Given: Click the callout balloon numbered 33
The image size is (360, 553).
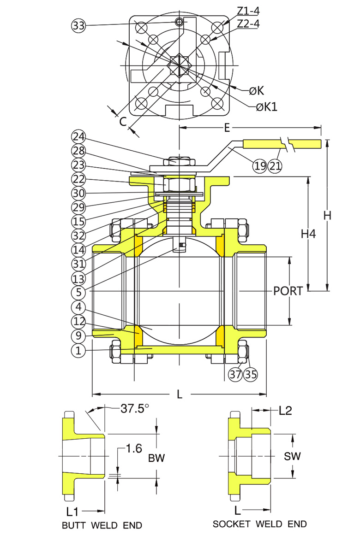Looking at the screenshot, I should (x=79, y=26).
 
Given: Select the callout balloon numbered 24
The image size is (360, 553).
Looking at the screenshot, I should (x=79, y=136).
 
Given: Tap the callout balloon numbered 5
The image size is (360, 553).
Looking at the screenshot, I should (x=79, y=292).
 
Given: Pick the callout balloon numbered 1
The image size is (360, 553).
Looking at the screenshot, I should (x=79, y=350).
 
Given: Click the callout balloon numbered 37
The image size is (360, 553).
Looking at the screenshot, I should (x=236, y=374).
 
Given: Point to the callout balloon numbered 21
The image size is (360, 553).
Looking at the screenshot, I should (x=275, y=165).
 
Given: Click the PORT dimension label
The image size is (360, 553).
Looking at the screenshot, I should (x=288, y=291).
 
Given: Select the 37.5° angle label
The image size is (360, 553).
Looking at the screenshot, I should (x=135, y=408).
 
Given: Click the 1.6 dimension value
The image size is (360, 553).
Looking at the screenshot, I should (x=134, y=448).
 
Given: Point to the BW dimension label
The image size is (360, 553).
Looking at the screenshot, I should (x=156, y=458).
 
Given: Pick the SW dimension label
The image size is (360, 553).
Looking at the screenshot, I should (x=292, y=456).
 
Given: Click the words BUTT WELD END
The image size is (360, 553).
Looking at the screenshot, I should (x=102, y=525).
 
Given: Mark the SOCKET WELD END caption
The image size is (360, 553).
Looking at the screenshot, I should (x=259, y=524).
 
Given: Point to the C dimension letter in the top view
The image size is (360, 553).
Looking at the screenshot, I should (x=123, y=121).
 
